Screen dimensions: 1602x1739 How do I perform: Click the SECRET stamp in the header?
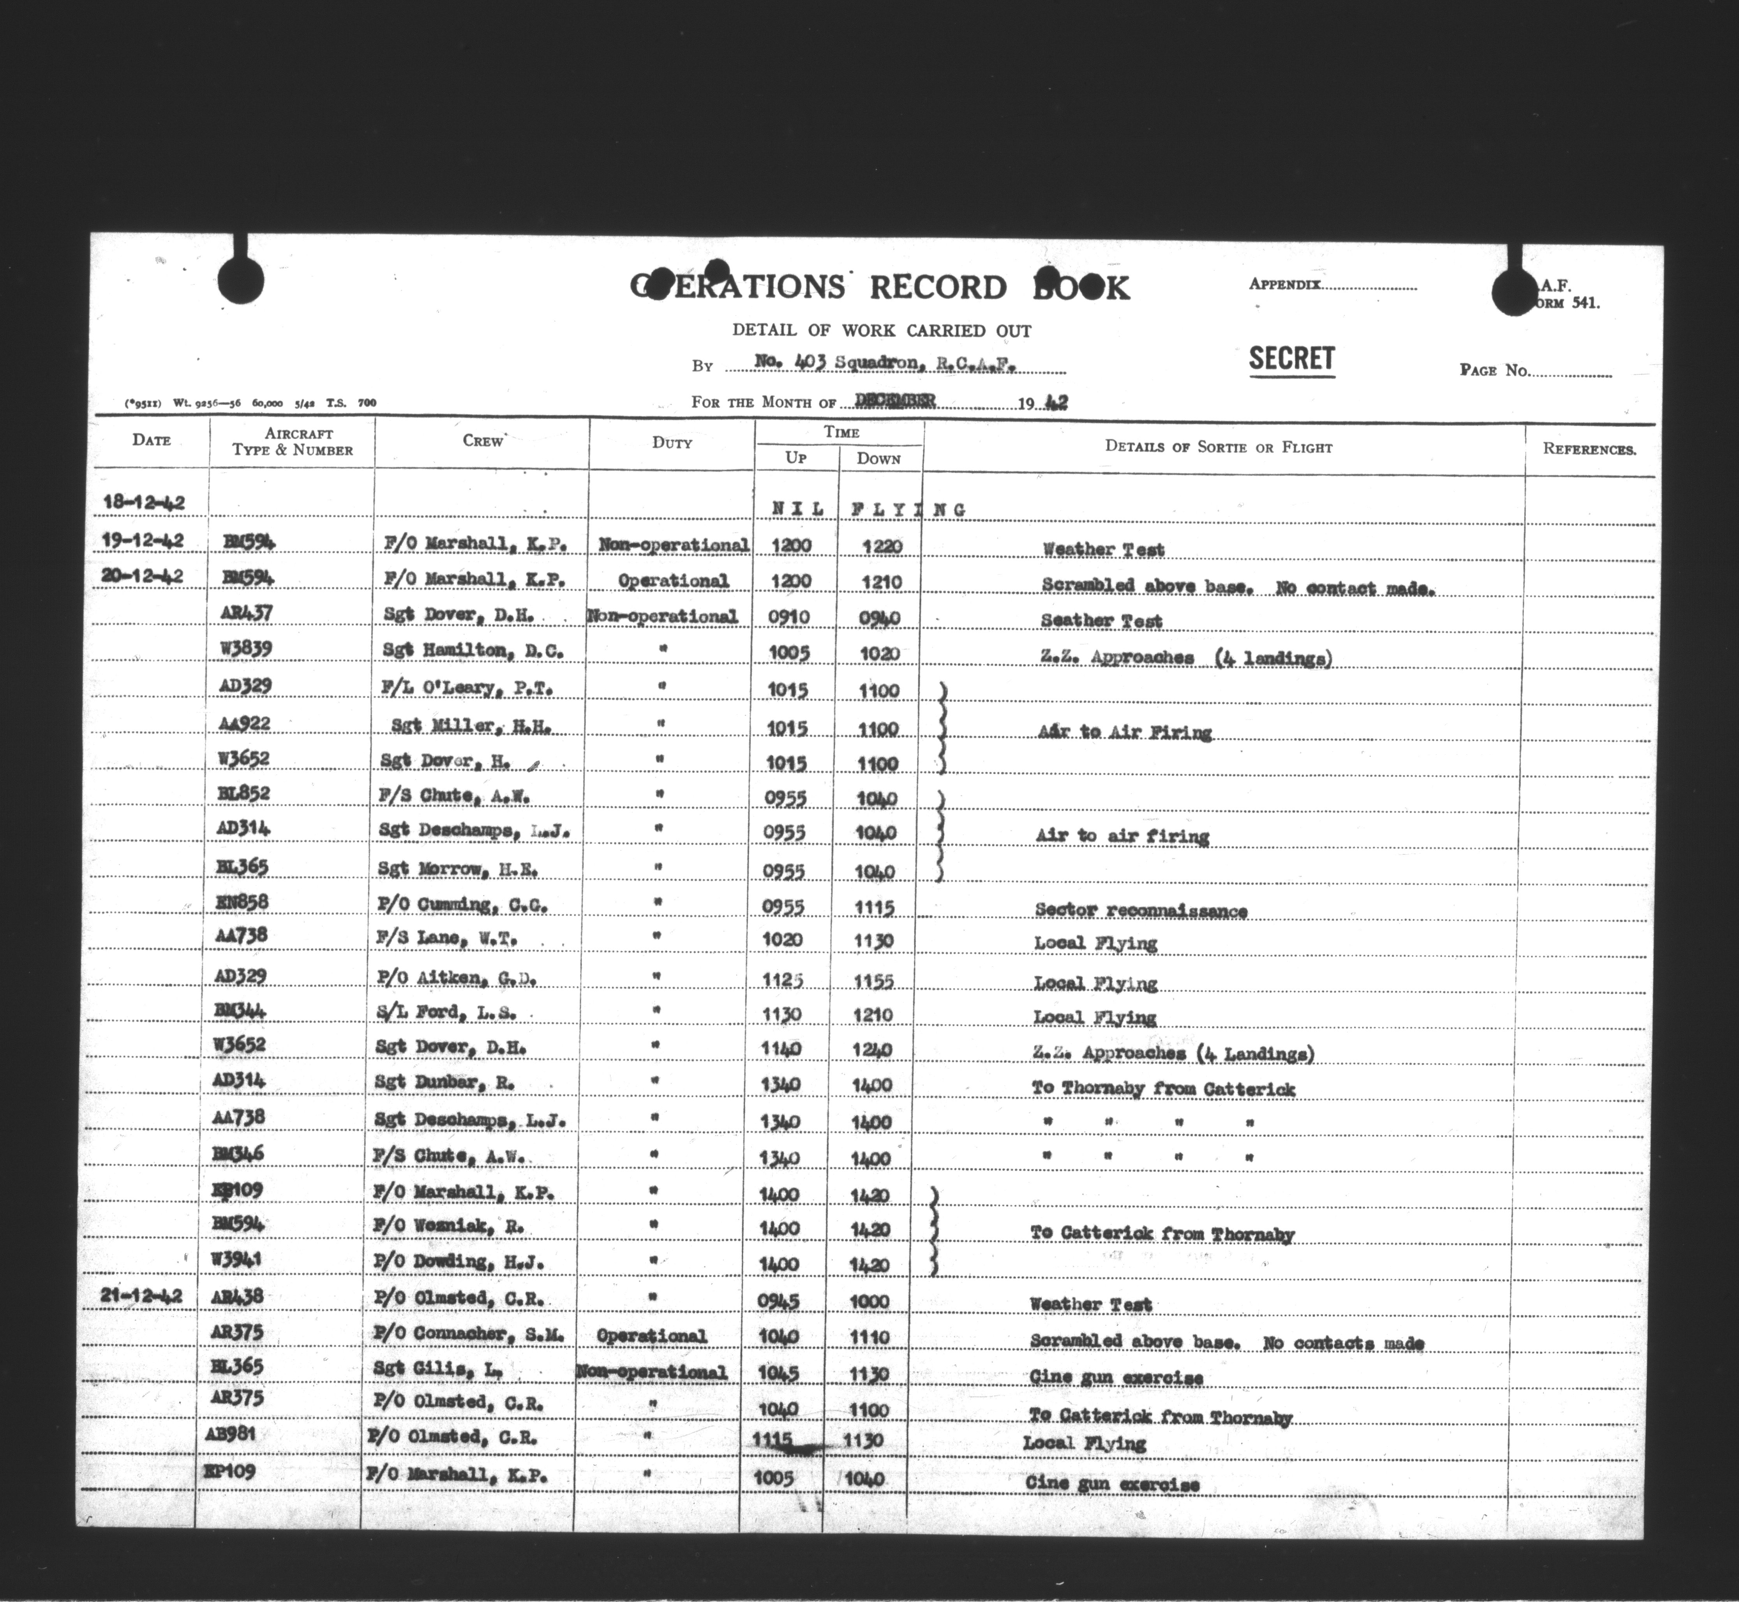click(1291, 359)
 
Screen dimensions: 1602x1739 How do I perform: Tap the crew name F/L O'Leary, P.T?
click(466, 688)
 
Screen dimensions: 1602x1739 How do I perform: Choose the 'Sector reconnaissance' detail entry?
click(1140, 910)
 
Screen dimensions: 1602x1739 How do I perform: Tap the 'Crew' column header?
click(483, 440)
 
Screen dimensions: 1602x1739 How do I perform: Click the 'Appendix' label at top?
click(1285, 284)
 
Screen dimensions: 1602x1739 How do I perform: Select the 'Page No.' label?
click(1494, 370)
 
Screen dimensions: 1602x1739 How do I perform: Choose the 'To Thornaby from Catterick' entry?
click(1162, 1089)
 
